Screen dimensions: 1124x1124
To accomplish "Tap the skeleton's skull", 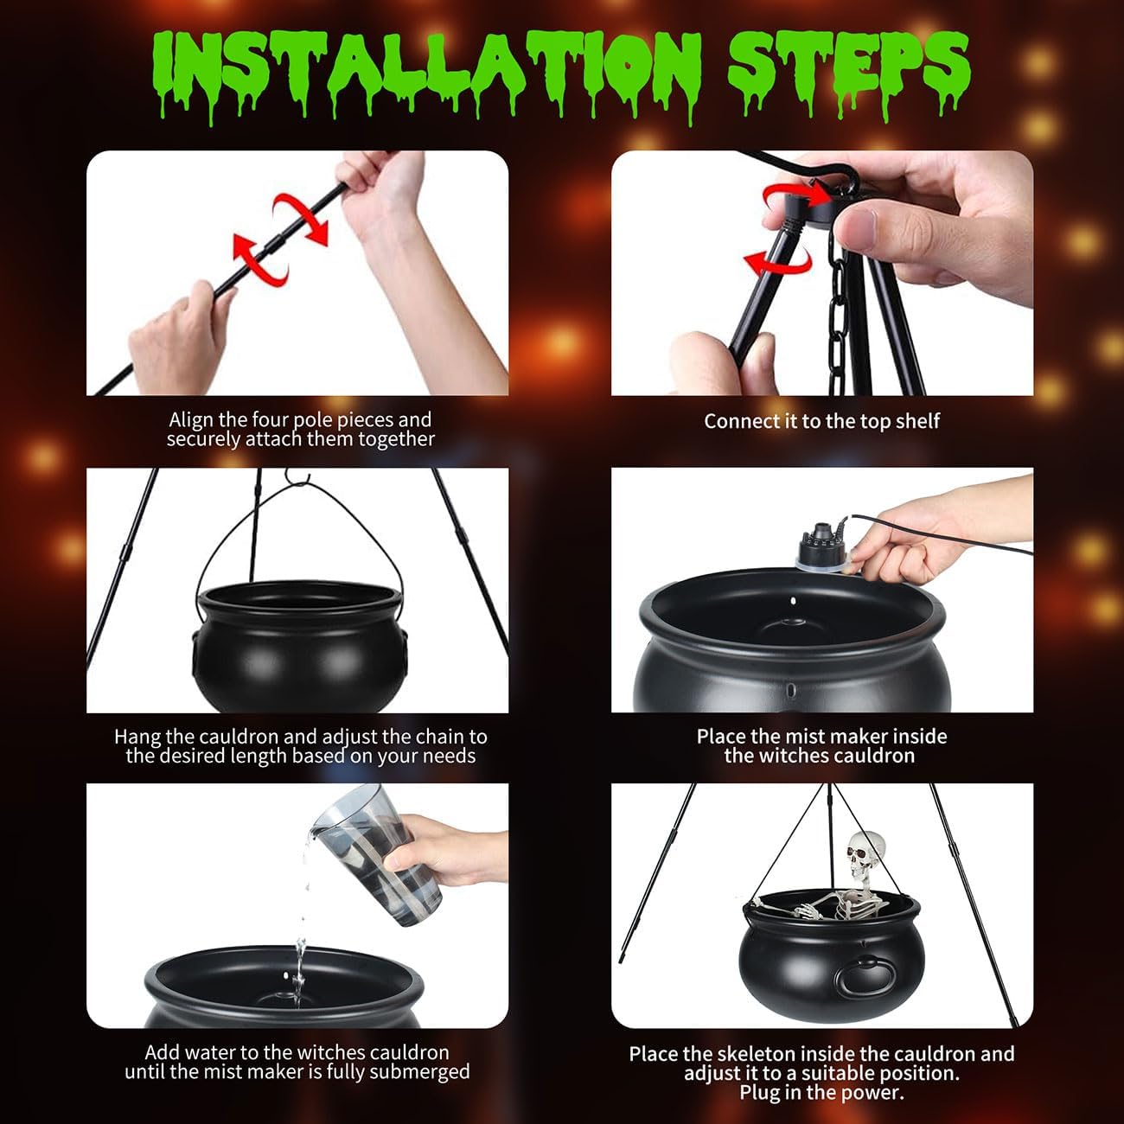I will click(865, 856).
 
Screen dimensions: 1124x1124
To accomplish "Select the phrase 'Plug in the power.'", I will click(821, 1093).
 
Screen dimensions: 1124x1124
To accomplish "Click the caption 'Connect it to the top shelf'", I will click(821, 421).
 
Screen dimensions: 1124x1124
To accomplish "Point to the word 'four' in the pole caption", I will click(270, 420).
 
